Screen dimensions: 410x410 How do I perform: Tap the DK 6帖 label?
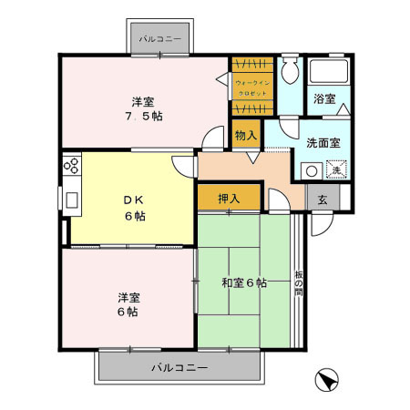134,207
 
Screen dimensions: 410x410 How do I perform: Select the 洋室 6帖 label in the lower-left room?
128,304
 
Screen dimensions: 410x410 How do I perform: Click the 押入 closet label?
229,198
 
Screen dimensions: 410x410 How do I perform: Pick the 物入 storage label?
245,136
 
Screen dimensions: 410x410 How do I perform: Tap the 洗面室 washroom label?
323,143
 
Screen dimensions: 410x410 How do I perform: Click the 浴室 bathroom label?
324,98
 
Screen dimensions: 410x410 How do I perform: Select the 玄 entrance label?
322,198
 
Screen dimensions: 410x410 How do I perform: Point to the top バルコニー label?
160,40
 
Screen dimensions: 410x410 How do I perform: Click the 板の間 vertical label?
298,284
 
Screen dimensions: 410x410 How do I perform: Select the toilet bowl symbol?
290,73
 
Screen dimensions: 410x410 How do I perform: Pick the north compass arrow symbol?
329,380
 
